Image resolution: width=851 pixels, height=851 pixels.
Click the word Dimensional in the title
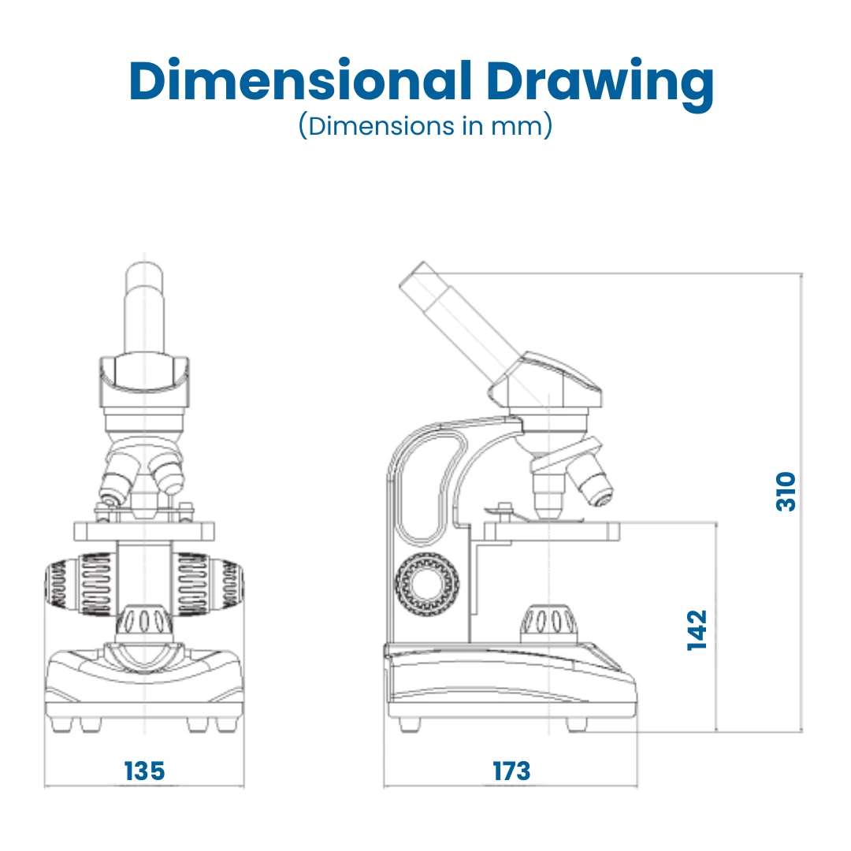[x=300, y=80]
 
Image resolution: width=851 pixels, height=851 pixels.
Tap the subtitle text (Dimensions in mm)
[x=425, y=126]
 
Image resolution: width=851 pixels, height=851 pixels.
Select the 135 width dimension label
[x=144, y=771]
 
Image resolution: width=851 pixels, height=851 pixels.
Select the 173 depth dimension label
[x=511, y=771]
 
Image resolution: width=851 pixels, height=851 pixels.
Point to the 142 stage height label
[x=697, y=630]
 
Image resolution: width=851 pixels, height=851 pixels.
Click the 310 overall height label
[x=786, y=492]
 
